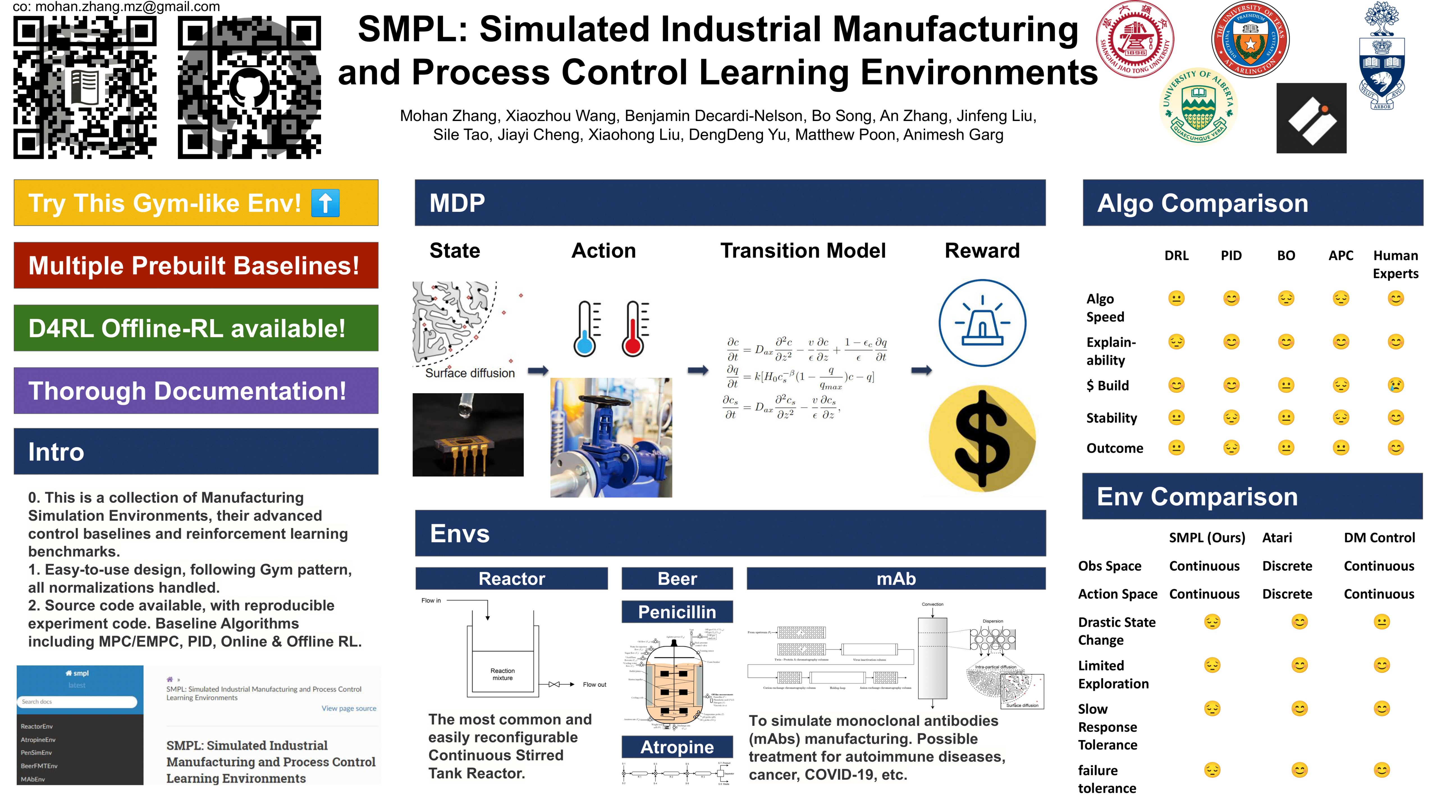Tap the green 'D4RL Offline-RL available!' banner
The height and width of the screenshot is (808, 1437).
pos(196,328)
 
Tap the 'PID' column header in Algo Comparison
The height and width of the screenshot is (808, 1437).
pos(1231,256)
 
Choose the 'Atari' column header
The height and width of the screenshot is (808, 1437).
pos(1277,537)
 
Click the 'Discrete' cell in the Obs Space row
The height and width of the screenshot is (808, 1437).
pos(1287,566)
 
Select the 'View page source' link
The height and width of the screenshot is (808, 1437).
pos(349,708)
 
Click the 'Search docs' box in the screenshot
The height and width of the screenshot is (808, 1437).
pos(77,701)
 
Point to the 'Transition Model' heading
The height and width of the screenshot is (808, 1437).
pos(803,251)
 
